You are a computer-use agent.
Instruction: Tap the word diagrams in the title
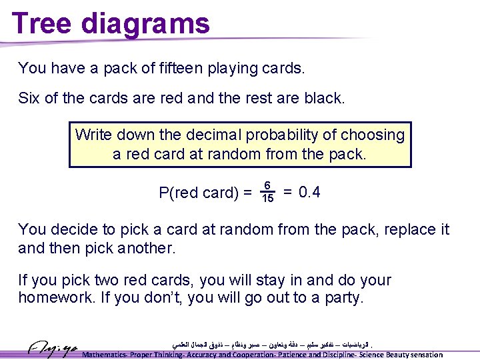(145, 23)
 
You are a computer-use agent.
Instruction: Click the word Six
(29, 99)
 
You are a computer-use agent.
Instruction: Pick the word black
(323, 99)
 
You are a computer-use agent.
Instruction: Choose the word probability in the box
(283, 135)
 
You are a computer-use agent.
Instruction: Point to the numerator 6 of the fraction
(267, 186)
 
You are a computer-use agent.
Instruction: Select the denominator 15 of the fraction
(267, 199)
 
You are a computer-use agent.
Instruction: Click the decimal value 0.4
(309, 193)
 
